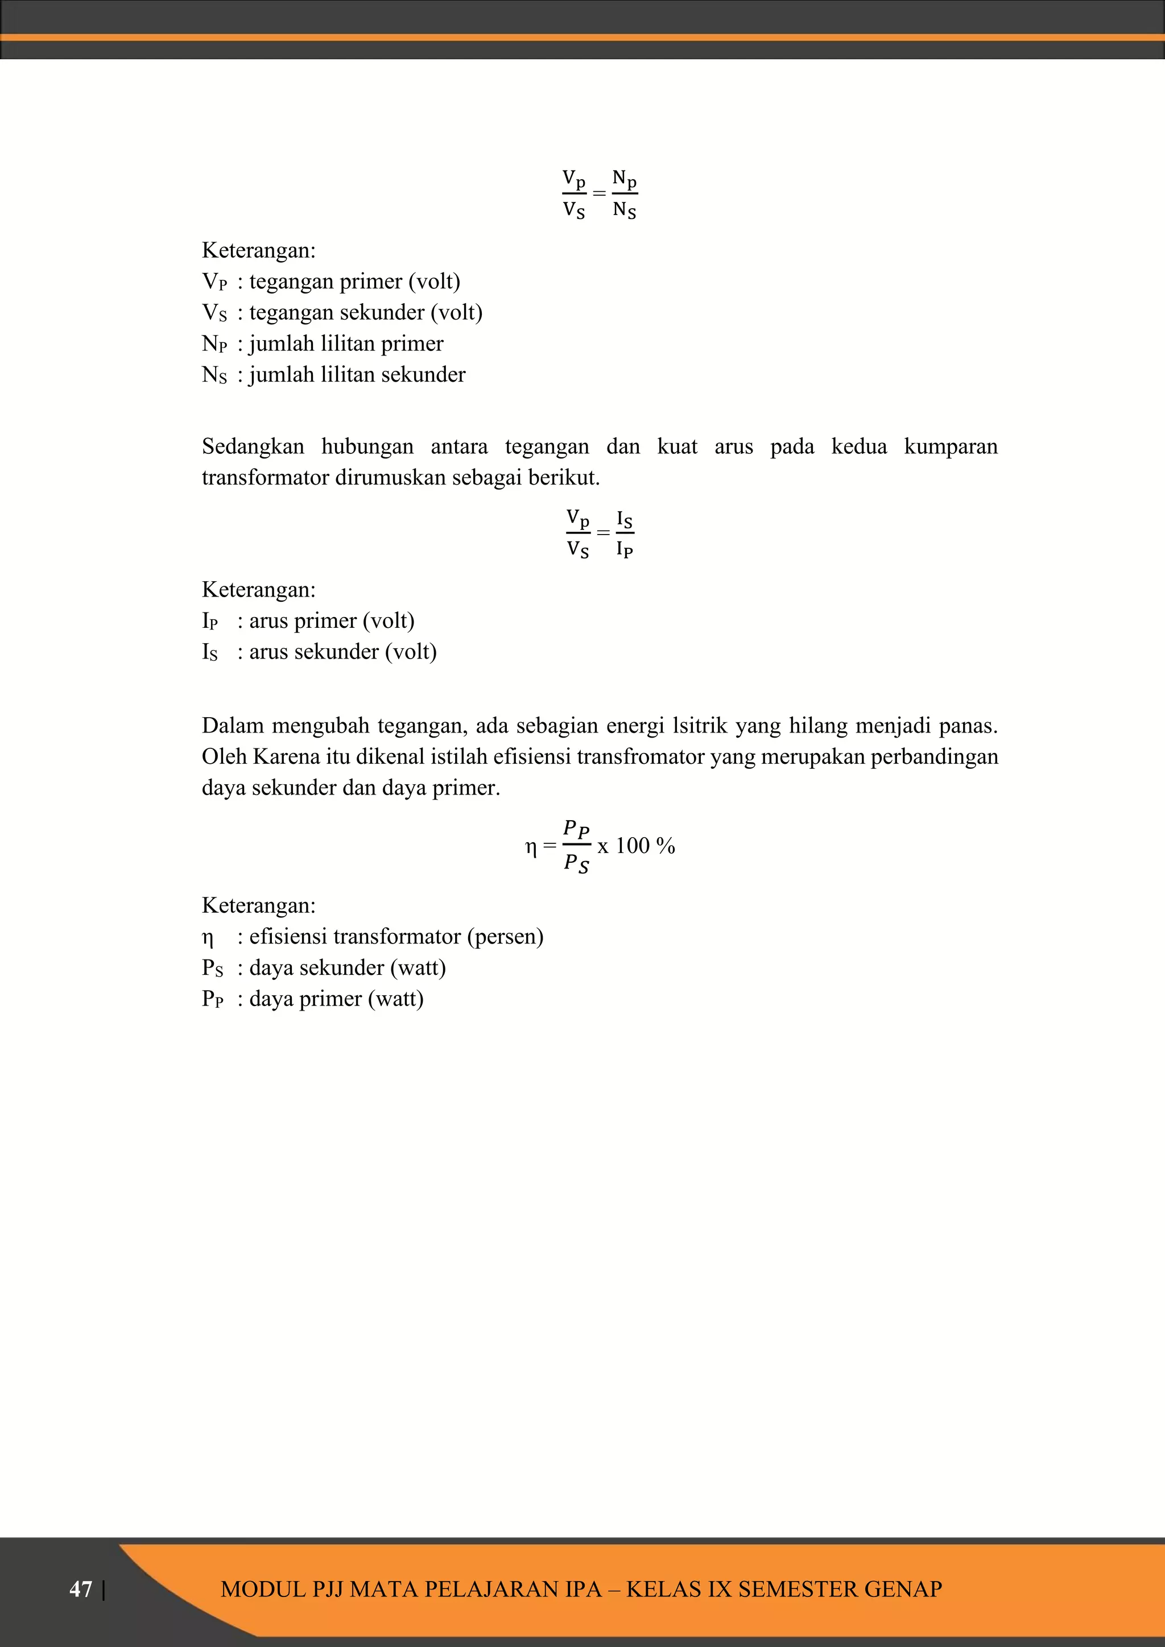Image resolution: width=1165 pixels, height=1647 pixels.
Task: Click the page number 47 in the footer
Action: click(x=80, y=1589)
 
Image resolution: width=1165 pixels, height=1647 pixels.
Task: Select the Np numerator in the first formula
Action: click(x=624, y=179)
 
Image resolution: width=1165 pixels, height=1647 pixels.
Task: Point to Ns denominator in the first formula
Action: click(x=624, y=211)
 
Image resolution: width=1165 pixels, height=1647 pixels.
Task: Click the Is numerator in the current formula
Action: click(x=624, y=519)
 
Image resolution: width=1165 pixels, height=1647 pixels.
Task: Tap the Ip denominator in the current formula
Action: click(x=624, y=550)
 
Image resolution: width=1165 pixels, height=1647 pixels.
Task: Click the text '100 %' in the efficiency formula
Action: click(x=645, y=846)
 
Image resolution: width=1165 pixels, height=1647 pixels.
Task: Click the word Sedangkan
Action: click(x=253, y=447)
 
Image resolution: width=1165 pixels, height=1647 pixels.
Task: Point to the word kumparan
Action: click(x=951, y=447)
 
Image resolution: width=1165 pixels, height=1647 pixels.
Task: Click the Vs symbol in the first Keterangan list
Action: click(x=214, y=313)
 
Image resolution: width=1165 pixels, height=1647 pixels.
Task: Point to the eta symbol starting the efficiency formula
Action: click(x=531, y=847)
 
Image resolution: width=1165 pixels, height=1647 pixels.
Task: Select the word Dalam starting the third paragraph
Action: click(x=233, y=726)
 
